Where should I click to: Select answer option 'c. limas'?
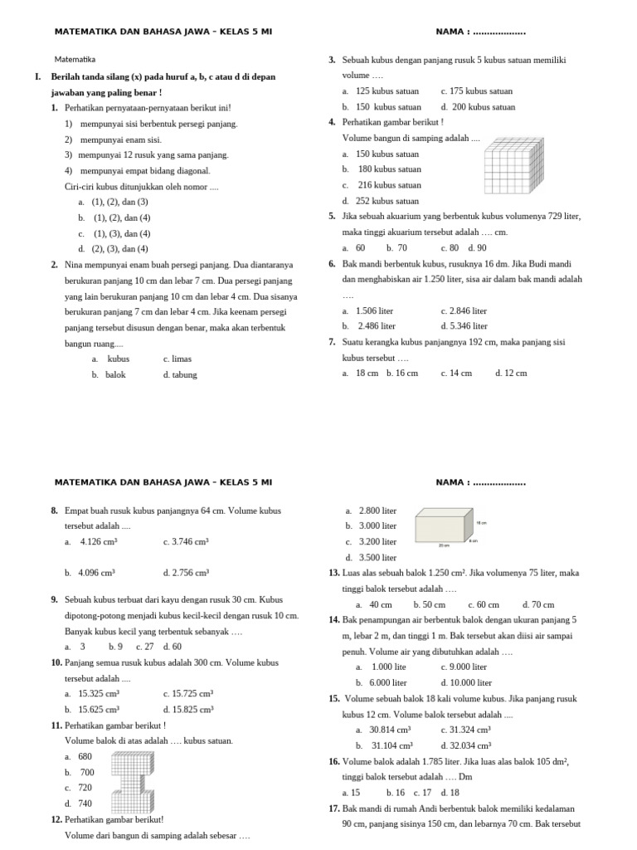177,359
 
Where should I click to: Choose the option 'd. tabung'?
180,374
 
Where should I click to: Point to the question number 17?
334,808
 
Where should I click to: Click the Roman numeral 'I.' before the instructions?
38,76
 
